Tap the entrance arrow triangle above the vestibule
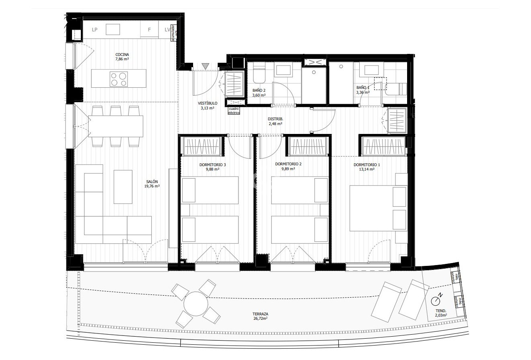coord(206,66)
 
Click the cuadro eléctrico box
coord(234,111)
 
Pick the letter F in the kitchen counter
coord(149,30)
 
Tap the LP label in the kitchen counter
coord(95,30)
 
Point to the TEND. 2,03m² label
coord(441,313)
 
